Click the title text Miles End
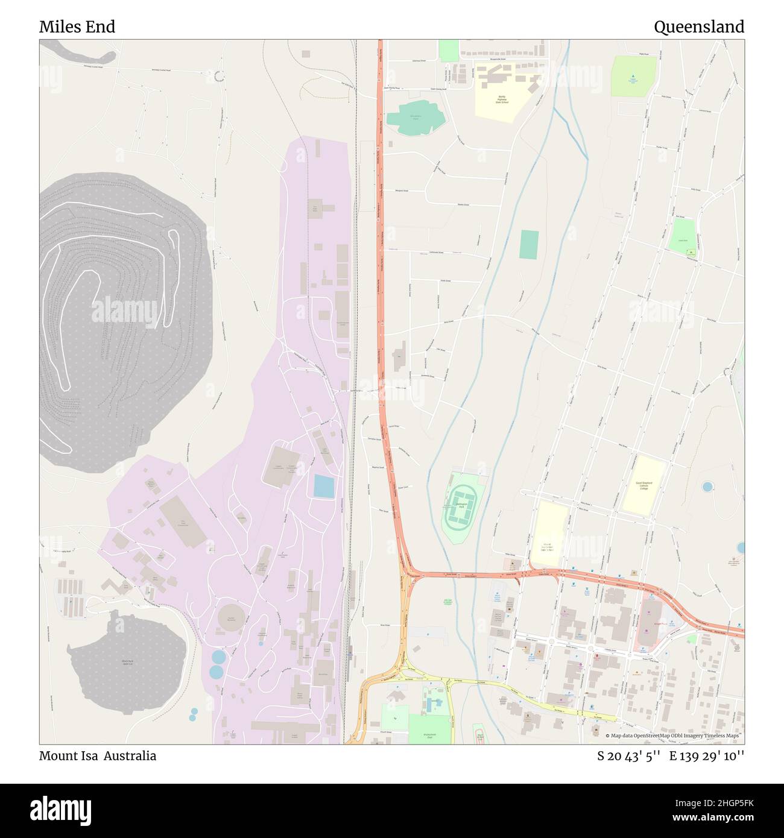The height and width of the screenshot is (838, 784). click(77, 27)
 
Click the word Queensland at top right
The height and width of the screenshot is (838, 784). click(698, 27)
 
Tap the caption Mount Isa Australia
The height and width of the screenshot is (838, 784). click(98, 756)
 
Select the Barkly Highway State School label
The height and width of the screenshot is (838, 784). click(502, 99)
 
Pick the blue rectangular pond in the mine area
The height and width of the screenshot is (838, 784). click(324, 487)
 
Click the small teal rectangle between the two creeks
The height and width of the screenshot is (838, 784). click(529, 245)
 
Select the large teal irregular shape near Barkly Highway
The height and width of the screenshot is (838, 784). click(416, 118)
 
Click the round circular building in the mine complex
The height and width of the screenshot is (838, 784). click(231, 619)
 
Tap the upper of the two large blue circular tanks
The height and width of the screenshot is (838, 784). click(218, 657)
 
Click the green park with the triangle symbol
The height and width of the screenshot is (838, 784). click(633, 77)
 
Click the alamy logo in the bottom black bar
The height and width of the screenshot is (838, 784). click(60, 810)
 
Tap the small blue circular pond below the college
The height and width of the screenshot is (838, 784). click(707, 486)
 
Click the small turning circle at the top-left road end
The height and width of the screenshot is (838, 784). click(218, 76)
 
